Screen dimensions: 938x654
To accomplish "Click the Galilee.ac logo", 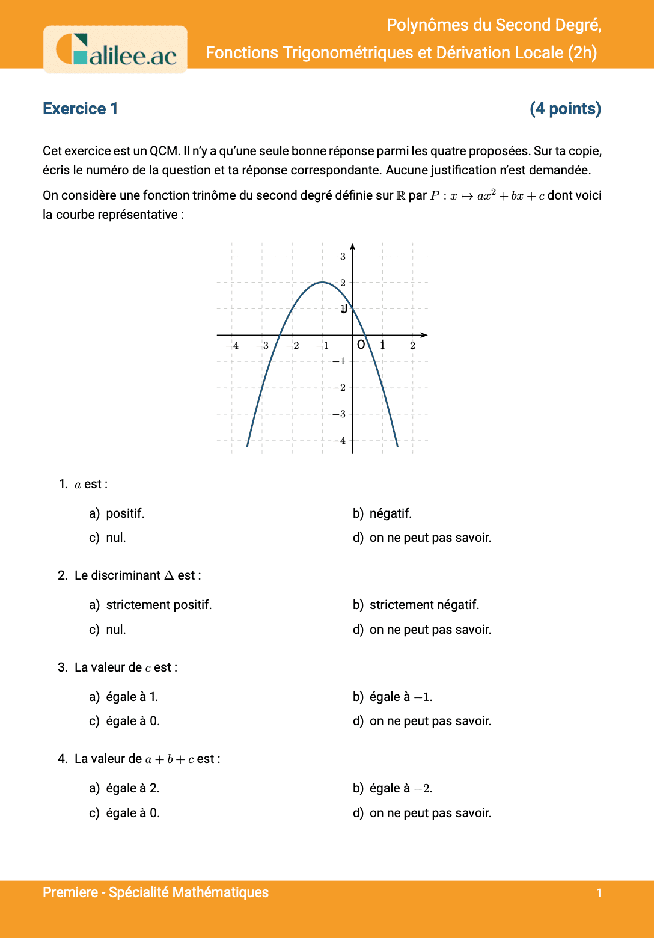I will pos(115,50).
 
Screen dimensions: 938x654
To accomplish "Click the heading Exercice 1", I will pos(81,109).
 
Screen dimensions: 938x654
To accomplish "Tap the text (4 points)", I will pos(565,109).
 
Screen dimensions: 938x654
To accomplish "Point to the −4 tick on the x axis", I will pos(231,346).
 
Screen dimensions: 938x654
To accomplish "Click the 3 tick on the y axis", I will pos(343,256).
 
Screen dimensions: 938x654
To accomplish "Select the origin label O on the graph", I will pos(361,345).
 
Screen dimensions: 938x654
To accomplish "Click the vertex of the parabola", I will pos(323,282).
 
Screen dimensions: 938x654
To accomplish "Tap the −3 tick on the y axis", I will pos(340,414).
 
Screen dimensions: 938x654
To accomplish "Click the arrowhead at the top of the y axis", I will pos(353,246).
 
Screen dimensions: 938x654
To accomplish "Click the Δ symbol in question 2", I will pos(169,575).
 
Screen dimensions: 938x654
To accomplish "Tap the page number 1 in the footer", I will pos(599,893).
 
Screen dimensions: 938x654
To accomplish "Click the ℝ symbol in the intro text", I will pos(401,196).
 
